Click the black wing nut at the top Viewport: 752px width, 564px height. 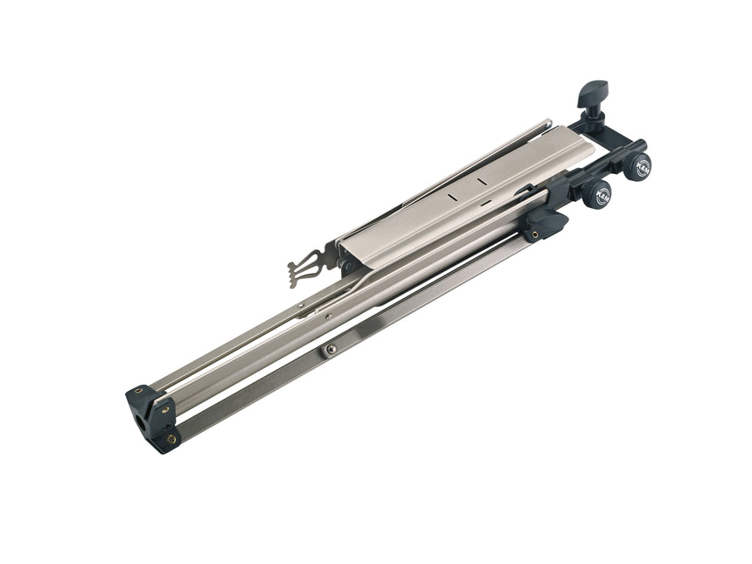click(x=592, y=90)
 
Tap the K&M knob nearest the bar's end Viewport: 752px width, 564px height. click(x=641, y=165)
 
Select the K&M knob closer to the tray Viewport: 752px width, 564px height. click(x=600, y=195)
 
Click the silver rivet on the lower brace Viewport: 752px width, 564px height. click(x=331, y=349)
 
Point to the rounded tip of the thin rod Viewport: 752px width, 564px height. click(x=547, y=122)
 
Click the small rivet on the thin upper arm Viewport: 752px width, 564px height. click(x=302, y=305)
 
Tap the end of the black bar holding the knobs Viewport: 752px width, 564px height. click(x=642, y=145)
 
